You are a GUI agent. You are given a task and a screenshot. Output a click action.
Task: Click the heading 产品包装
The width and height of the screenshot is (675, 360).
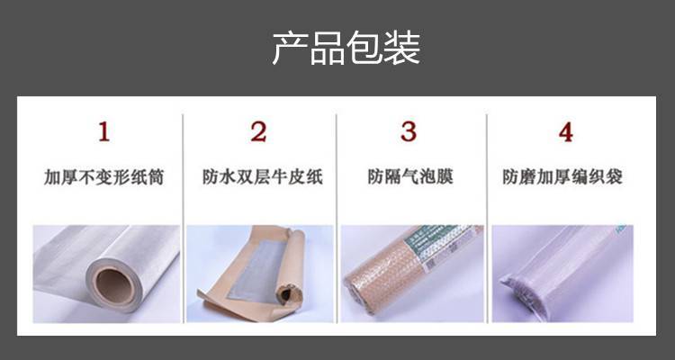coord(346,48)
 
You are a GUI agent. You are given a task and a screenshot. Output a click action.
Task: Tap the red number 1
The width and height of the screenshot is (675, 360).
coord(103,131)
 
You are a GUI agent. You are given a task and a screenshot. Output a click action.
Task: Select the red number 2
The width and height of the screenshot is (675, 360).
coord(258,131)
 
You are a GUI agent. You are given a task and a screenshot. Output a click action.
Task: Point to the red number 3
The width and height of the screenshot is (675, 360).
coord(409,131)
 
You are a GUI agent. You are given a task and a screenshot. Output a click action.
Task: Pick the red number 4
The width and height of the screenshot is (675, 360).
coord(566,132)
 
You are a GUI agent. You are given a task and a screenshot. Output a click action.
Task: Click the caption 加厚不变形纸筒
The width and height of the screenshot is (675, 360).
coord(103,177)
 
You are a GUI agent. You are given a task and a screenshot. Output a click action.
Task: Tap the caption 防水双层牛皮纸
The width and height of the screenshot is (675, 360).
coord(263,177)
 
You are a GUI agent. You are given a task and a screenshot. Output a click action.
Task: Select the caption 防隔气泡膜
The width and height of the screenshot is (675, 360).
coord(410,176)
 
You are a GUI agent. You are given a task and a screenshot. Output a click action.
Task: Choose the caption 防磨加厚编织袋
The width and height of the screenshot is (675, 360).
coord(562,176)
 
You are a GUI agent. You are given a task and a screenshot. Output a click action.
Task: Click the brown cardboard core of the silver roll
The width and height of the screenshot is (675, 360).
coord(114,286)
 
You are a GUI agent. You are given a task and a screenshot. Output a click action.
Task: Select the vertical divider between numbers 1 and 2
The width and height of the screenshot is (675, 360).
coord(183,219)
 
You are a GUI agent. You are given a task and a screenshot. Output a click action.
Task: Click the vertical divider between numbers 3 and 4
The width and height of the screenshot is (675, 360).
coord(487,219)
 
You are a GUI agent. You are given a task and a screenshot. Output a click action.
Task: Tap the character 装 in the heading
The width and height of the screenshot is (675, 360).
coord(402,48)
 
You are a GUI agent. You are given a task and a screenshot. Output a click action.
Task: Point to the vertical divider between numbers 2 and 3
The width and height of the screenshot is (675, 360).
coord(337,219)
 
